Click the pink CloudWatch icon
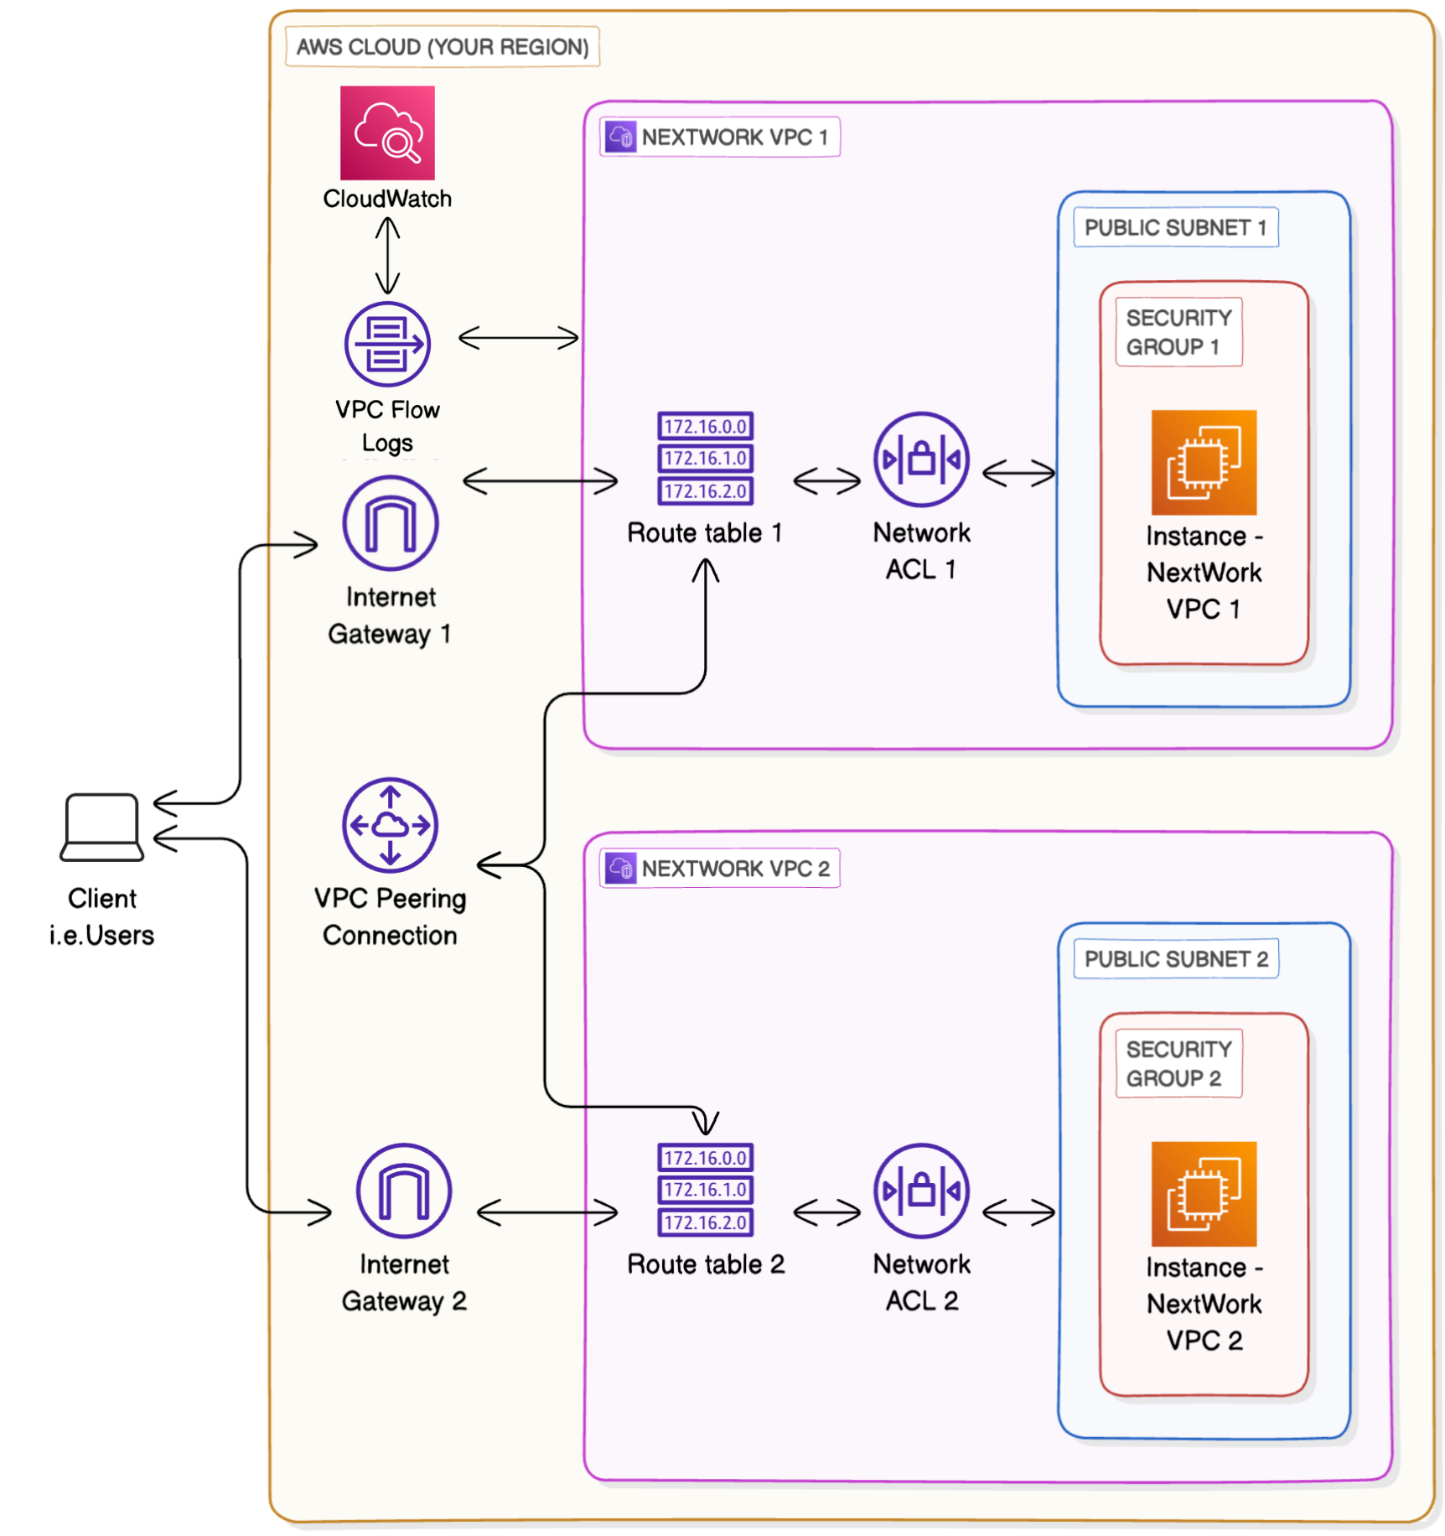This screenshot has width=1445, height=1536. pos(387,132)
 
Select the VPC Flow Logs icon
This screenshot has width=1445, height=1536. pos(387,344)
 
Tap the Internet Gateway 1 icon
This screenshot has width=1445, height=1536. pos(391,523)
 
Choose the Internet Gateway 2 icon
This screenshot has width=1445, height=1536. pos(404,1191)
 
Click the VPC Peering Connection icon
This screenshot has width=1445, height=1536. pos(391,825)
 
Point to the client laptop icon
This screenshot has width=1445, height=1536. pos(102,827)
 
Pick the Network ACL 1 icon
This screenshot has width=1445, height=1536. pos(921,459)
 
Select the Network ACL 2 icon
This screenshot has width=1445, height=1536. pos(921,1191)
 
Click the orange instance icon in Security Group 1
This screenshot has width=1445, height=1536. pos(1204,462)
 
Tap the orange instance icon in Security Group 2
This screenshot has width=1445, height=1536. pos(1204,1194)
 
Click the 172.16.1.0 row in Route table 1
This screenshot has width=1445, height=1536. pos(705,459)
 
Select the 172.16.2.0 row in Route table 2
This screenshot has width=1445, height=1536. pos(705,1222)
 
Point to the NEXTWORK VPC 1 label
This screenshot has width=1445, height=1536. pos(721,137)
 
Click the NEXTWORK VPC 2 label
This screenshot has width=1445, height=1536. pos(721,869)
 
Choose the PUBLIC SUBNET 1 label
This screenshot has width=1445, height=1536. pos(1175,227)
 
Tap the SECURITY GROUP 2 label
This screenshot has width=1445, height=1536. pos(1178,1063)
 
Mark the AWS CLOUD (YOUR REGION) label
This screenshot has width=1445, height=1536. pos(443,47)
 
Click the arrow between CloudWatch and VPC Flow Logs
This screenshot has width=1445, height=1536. pos(387,255)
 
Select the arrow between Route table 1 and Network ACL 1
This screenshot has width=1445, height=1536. pos(826,481)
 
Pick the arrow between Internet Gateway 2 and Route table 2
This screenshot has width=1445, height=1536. pos(547,1212)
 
